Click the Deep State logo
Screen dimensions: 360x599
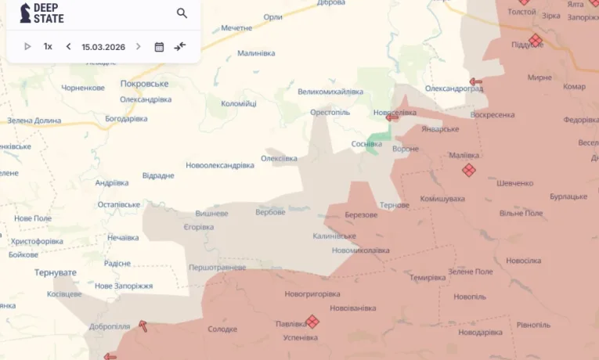pyautogui.click(x=41, y=13)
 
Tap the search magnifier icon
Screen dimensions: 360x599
pyautogui.click(x=182, y=13)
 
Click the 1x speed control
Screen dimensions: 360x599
pyautogui.click(x=48, y=46)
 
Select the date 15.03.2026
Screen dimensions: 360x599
pyautogui.click(x=103, y=46)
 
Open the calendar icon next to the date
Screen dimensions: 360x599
pyautogui.click(x=159, y=46)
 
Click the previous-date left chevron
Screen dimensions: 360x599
pyautogui.click(x=68, y=46)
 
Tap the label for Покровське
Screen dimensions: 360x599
pyautogui.click(x=145, y=83)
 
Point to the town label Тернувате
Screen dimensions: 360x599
pyautogui.click(x=56, y=272)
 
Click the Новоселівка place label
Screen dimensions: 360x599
pyautogui.click(x=395, y=113)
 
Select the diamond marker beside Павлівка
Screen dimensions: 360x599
pyautogui.click(x=312, y=322)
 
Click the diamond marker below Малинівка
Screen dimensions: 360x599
pyautogui.click(x=468, y=170)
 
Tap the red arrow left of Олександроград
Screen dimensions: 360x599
pyautogui.click(x=475, y=81)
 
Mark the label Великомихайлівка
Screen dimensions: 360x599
pyautogui.click(x=330, y=92)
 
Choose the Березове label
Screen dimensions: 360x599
pyautogui.click(x=361, y=214)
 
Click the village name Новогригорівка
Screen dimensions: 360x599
pyautogui.click(x=312, y=293)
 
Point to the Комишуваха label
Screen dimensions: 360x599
pyautogui.click(x=442, y=199)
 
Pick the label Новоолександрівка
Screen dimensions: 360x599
pyautogui.click(x=220, y=165)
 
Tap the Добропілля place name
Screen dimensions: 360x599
pyautogui.click(x=110, y=326)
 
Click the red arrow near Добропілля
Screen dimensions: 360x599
pyautogui.click(x=143, y=325)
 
